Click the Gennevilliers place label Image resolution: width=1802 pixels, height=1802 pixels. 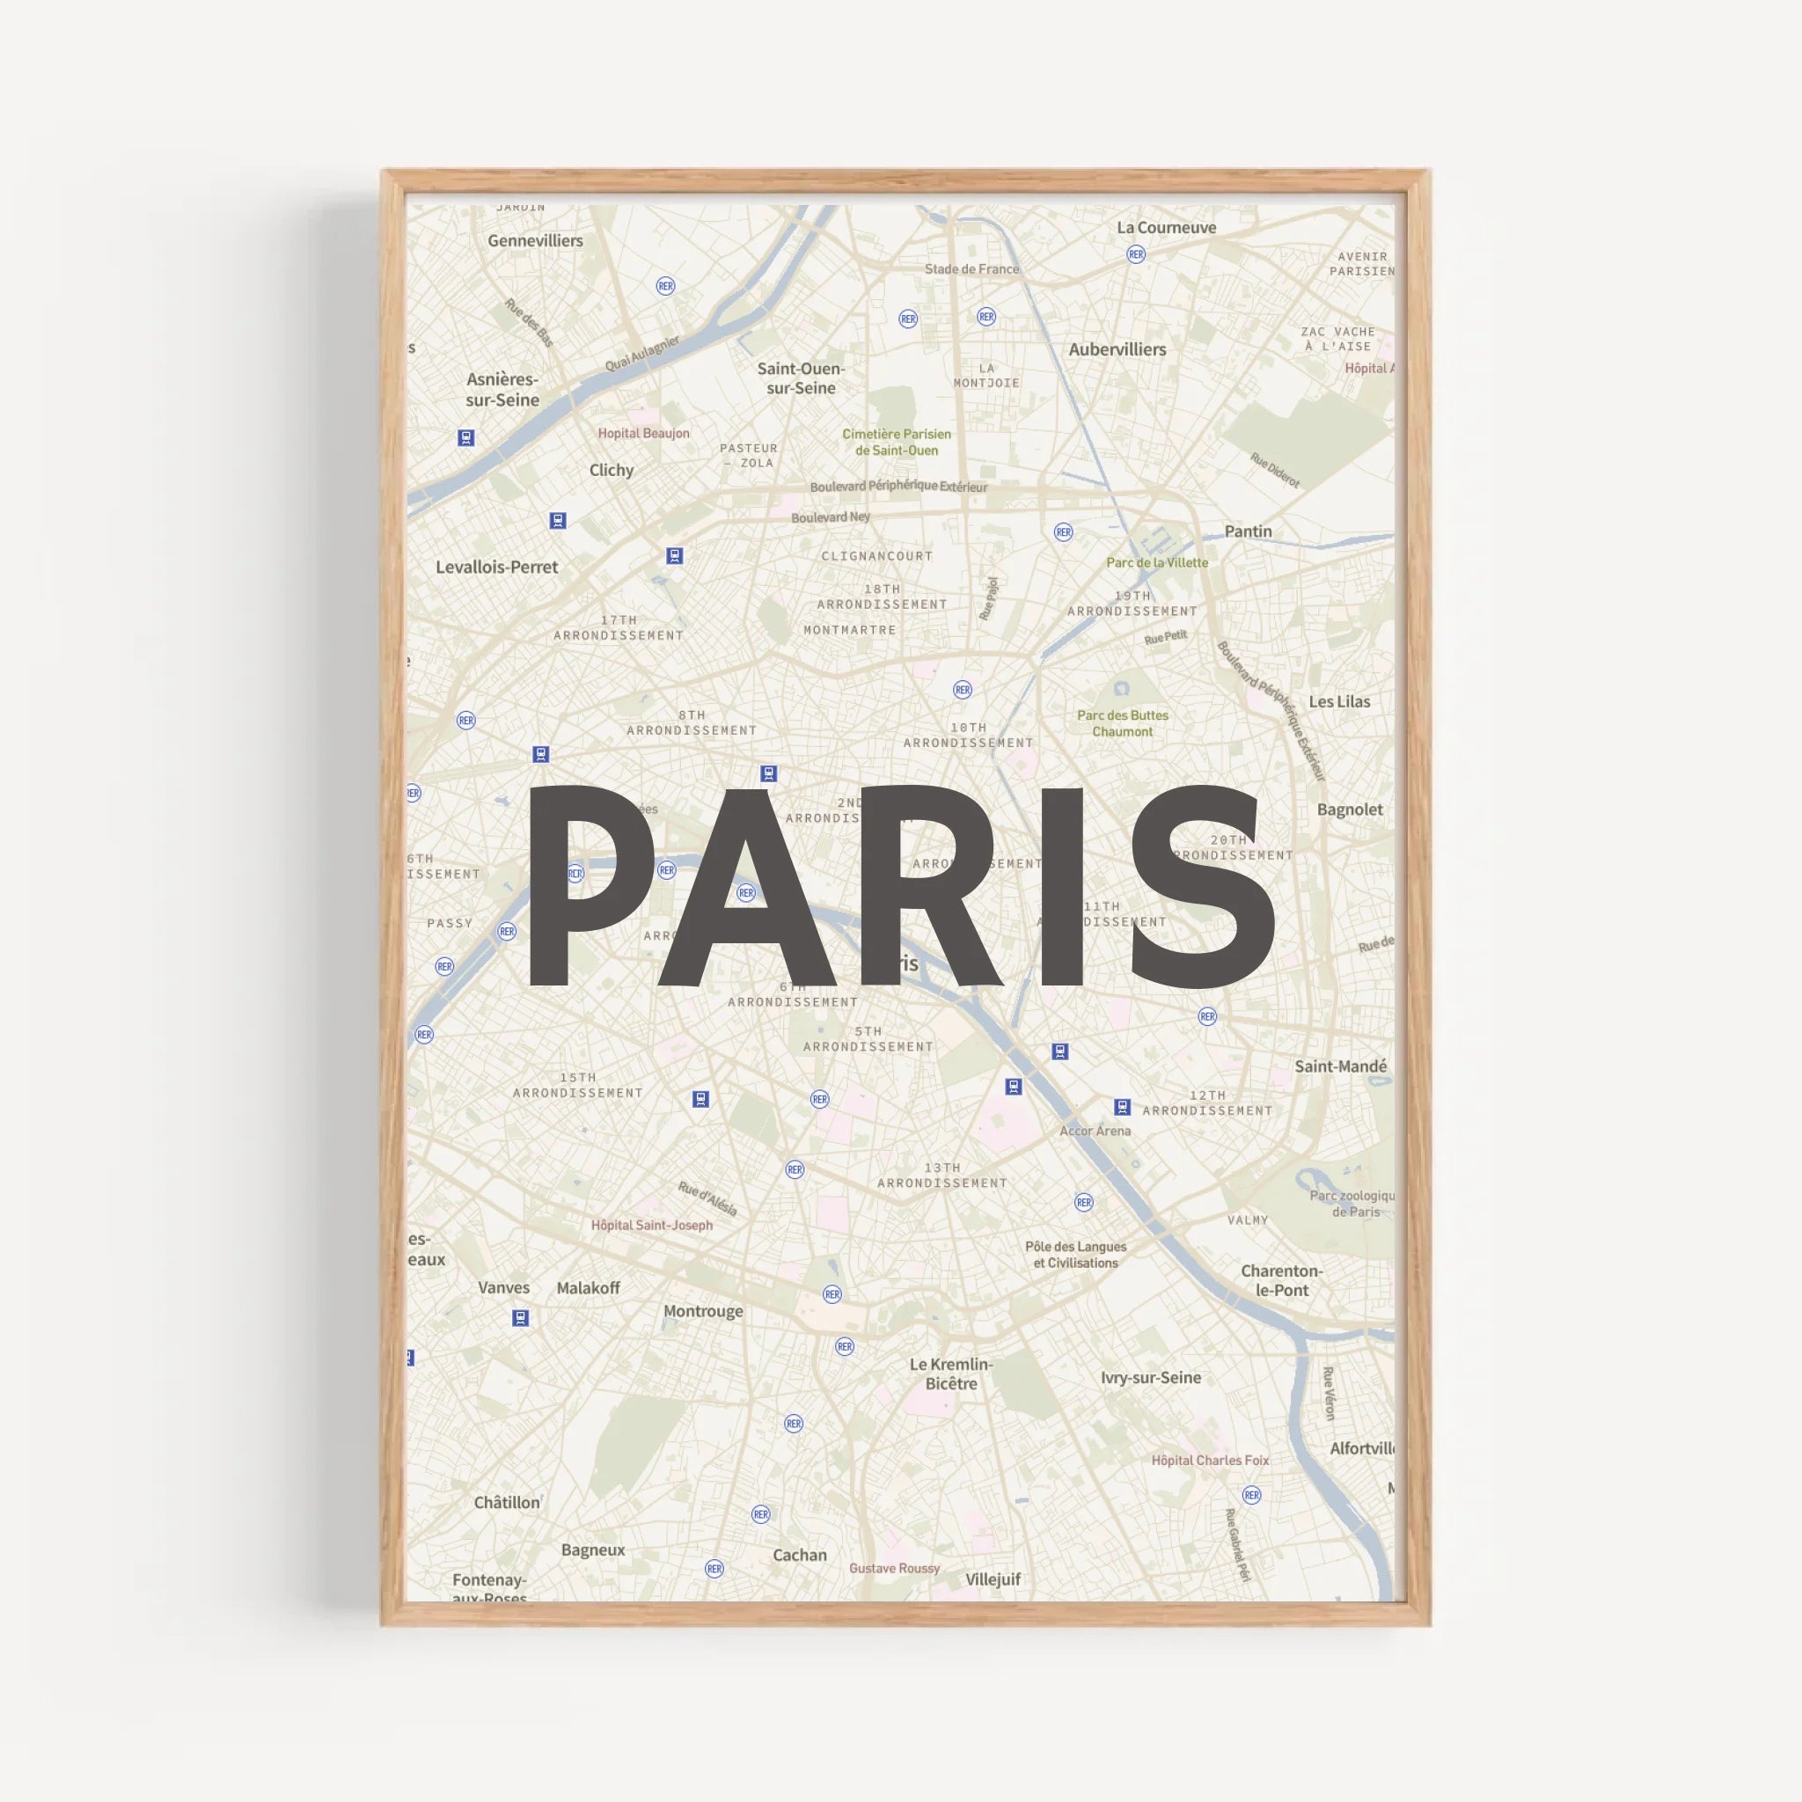point(534,240)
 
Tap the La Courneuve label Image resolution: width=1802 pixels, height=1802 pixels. point(1166,228)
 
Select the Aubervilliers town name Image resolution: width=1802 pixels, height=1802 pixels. point(1117,350)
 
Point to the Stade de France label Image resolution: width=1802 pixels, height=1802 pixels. point(971,269)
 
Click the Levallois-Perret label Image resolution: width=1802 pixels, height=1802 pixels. point(496,568)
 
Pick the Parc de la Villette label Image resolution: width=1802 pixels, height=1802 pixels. point(1156,562)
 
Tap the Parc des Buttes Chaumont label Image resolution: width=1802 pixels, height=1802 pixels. point(1122,723)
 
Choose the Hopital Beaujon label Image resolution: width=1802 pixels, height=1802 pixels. point(643,433)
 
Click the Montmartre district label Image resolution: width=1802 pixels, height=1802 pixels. point(850,631)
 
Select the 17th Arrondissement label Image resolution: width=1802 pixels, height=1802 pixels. point(619,627)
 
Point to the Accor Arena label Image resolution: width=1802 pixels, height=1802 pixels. point(1095,1131)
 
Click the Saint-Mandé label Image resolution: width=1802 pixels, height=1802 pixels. point(1340,1066)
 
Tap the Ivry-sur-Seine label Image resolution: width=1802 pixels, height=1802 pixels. point(1150,1378)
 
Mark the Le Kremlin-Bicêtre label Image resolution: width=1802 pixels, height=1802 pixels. point(951,1373)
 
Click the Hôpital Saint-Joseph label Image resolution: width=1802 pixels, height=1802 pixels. point(651,1226)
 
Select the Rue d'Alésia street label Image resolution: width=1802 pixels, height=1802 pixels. point(707,1199)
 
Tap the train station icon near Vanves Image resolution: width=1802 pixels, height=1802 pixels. point(521,1318)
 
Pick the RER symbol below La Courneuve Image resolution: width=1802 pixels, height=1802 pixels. point(1135,254)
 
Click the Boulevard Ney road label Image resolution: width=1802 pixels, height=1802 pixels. point(830,516)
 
